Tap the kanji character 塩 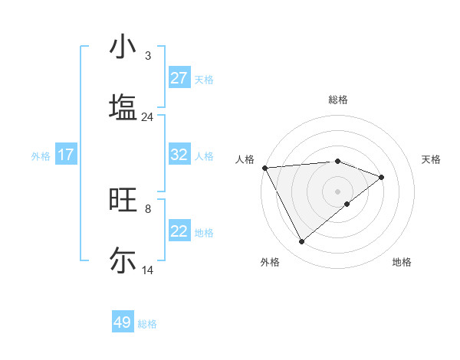point(123,106)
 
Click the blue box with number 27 point(179,78)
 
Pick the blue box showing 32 point(179,155)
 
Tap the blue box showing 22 point(179,231)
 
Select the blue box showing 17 point(66,155)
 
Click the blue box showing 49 point(123,322)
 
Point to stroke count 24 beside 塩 point(147,117)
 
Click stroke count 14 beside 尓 point(147,270)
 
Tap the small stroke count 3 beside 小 point(147,56)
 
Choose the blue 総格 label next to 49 point(147,324)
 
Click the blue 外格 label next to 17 point(41,155)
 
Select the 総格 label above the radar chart point(337,100)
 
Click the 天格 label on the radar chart point(432,159)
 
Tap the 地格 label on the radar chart point(402,262)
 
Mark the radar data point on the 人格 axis point(264,168)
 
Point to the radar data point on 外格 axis point(301,242)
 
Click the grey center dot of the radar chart point(337,191)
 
